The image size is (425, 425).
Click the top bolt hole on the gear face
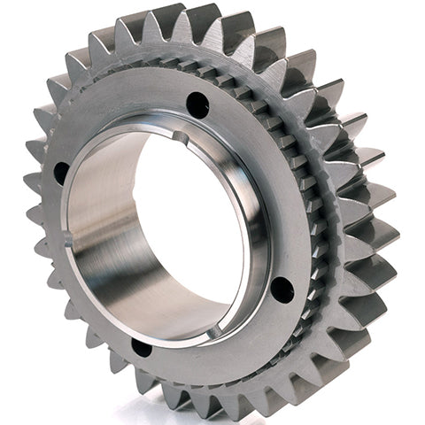(x=197, y=104)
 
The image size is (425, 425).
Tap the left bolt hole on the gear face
(x=61, y=173)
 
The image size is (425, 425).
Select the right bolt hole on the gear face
(x=282, y=289)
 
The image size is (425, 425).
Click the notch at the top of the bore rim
(x=182, y=137)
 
